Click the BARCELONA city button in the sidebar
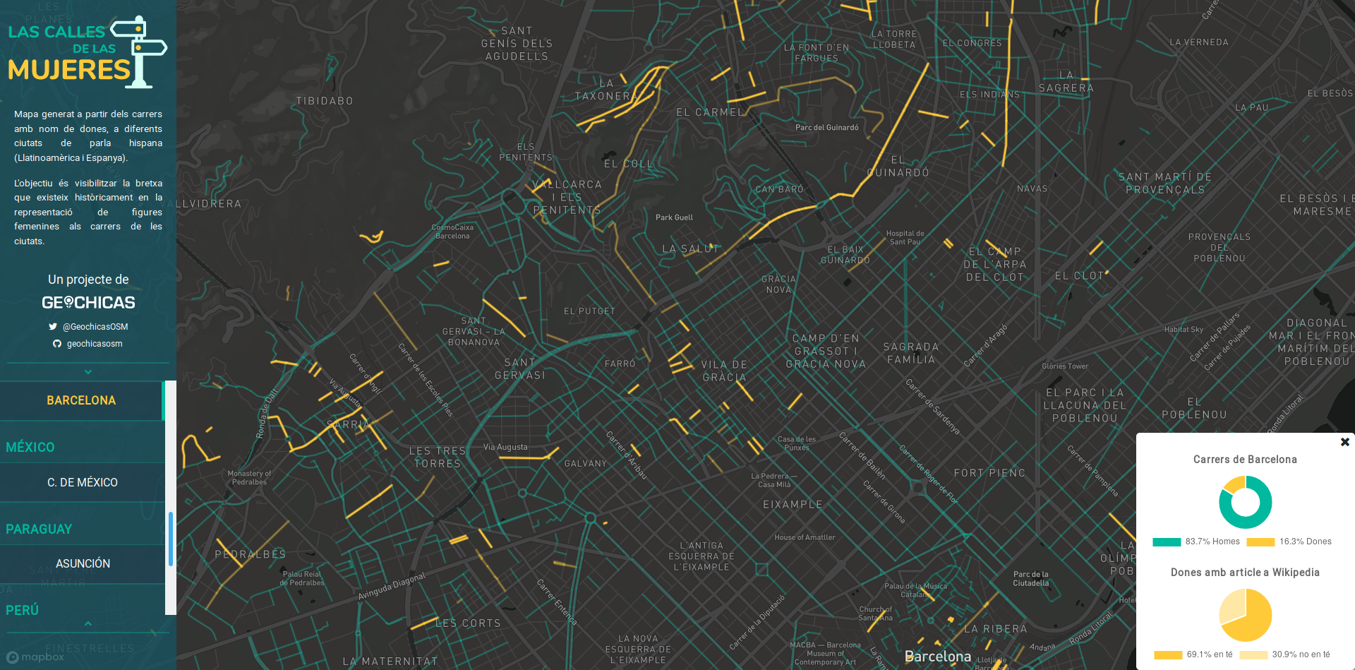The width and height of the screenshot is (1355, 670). tap(81, 400)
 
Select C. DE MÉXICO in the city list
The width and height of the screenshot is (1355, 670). tap(83, 482)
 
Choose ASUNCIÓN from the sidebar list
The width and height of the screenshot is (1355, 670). tap(83, 563)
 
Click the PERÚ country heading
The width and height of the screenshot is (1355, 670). tap(23, 610)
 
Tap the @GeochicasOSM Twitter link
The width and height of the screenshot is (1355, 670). tap(95, 327)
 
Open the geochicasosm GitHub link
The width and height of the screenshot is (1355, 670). tap(94, 344)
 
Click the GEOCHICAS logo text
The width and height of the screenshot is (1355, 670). tap(88, 303)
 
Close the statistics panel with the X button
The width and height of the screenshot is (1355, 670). tap(1344, 442)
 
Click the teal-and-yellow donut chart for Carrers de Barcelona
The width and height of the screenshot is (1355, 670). tap(1245, 502)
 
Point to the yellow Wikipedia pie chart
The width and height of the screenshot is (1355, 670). tap(1245, 615)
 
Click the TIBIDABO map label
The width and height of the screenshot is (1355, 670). tap(325, 101)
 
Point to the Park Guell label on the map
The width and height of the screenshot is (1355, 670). tap(674, 217)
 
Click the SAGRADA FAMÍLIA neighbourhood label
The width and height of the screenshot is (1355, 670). tap(911, 353)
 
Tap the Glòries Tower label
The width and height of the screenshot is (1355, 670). tap(1065, 366)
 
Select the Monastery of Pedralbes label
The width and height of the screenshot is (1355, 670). tap(249, 478)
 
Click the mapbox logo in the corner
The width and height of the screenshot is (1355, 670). tap(35, 657)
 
